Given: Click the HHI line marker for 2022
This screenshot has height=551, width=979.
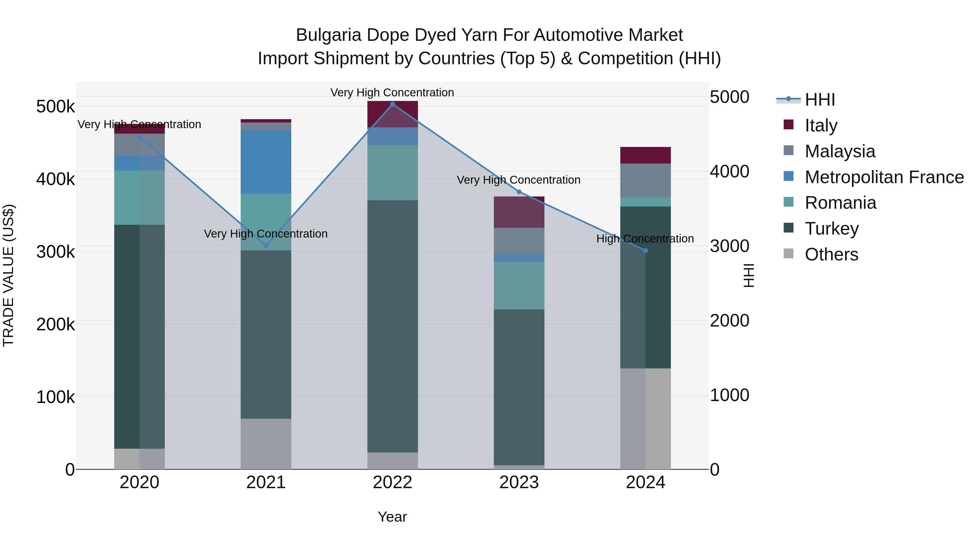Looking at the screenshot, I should pos(393,104).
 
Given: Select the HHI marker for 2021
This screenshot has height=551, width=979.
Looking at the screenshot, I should pos(266,245).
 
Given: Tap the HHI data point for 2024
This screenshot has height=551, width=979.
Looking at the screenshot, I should pos(645,251).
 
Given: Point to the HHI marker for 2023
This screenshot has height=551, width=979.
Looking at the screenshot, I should pos(519,192).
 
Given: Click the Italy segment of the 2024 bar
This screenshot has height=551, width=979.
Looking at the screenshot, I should pos(645,155).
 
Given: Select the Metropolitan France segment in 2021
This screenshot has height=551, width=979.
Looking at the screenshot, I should pos(266,162).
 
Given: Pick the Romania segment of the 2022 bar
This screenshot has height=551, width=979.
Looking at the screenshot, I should pos(393,173).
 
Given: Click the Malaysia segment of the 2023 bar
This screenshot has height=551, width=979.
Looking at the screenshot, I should pos(519,240).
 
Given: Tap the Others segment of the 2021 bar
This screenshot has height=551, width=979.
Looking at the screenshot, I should pos(266,444).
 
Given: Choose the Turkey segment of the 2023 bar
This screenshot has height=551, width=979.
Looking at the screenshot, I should pos(519,387).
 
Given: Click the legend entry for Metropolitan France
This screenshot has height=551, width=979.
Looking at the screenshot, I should pos(884,177).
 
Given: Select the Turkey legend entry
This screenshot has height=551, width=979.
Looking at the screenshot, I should pos(832,229).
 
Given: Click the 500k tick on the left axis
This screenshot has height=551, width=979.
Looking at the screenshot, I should pos(55,107).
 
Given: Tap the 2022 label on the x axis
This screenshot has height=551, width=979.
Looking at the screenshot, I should pos(393,482).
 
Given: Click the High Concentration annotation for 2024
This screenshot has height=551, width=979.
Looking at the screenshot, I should pos(645,239).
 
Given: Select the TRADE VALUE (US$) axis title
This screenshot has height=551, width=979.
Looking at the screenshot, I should pos(8,275).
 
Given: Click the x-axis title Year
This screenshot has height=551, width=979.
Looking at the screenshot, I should pos(392,517).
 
